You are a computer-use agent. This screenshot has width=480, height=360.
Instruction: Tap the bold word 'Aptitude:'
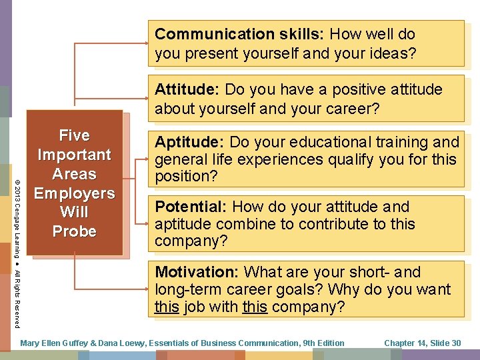pos(189,142)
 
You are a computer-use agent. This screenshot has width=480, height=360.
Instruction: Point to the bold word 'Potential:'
pos(191,207)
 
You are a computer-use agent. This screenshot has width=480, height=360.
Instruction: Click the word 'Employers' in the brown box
pos(74,193)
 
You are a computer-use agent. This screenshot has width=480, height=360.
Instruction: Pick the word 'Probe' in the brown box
pos(74,231)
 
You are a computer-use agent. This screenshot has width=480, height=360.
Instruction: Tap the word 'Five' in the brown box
pos(74,135)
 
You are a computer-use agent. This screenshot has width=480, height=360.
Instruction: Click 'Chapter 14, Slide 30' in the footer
pos(422,343)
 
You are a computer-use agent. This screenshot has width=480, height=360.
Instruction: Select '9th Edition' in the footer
pos(323,343)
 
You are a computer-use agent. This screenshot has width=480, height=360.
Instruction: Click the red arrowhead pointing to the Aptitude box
pos(145,160)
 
